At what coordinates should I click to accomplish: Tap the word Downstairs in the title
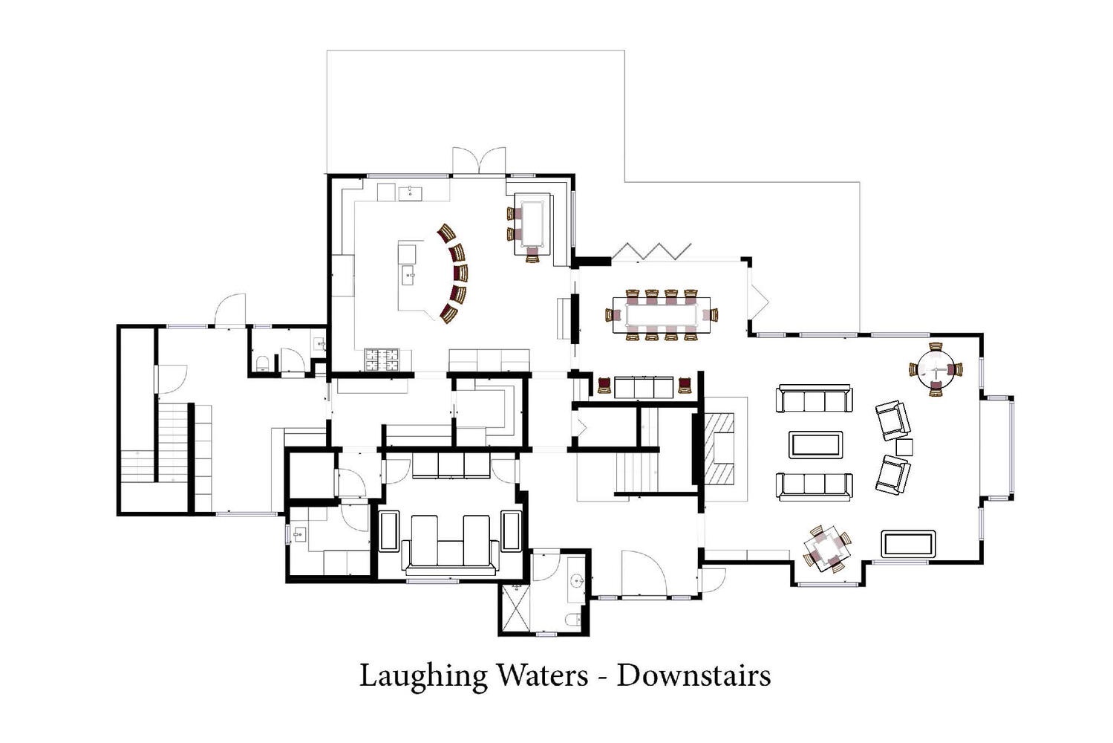(x=693, y=675)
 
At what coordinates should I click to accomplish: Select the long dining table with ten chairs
(x=662, y=315)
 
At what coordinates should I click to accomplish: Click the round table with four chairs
(x=936, y=369)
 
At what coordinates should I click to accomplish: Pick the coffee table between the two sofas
(x=815, y=444)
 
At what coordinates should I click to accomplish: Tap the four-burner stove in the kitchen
(x=382, y=360)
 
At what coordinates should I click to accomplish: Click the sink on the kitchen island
(x=409, y=276)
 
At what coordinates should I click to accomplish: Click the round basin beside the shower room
(x=576, y=580)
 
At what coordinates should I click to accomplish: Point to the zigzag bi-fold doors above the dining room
(x=651, y=251)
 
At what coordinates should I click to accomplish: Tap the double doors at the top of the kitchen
(x=479, y=160)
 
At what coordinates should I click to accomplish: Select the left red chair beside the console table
(x=604, y=386)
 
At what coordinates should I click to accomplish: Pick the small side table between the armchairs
(x=904, y=447)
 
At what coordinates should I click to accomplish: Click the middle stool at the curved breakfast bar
(x=460, y=273)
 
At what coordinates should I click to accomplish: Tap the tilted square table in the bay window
(x=827, y=548)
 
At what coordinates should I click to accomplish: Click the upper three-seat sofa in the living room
(x=815, y=398)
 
